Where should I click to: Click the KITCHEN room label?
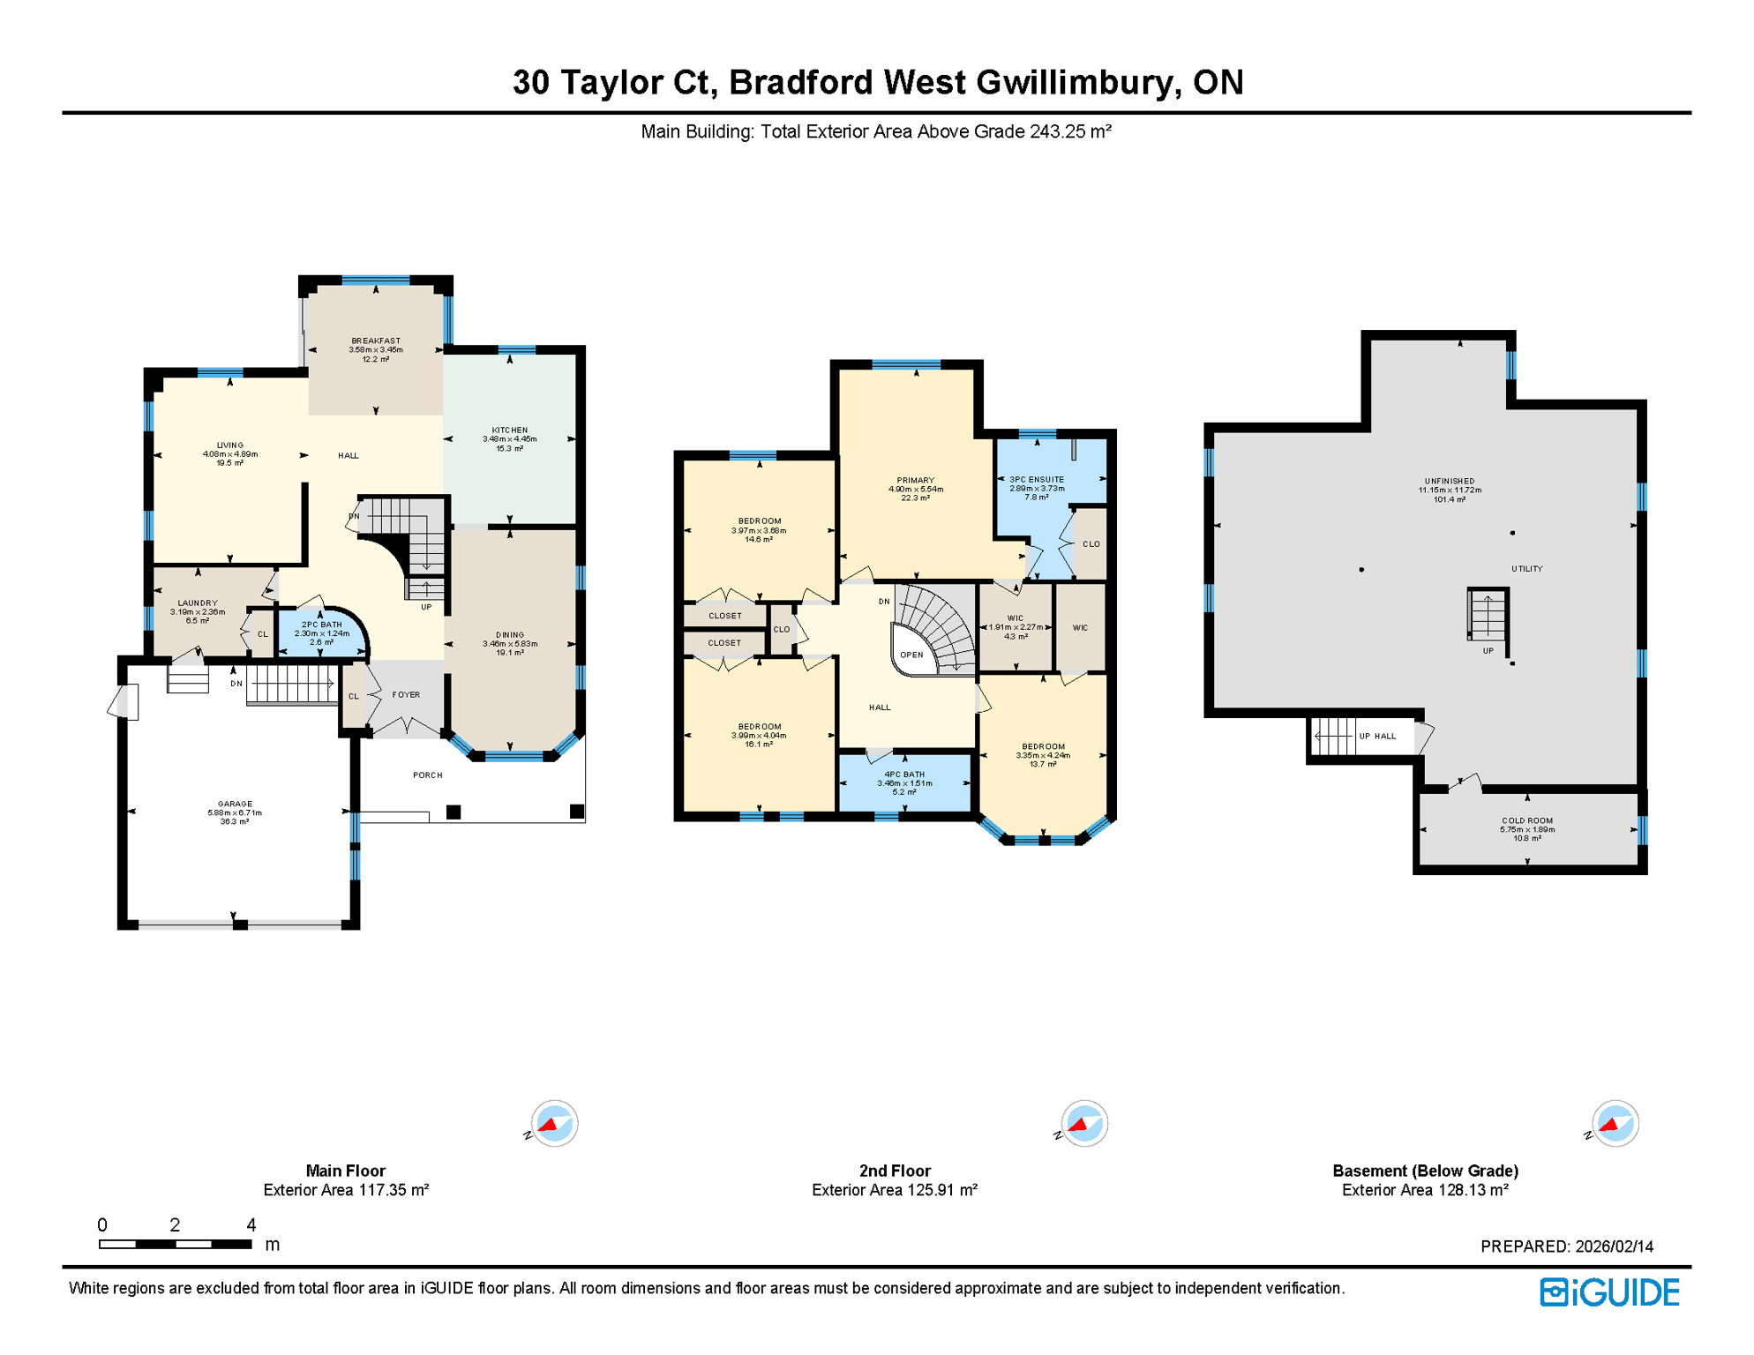point(509,430)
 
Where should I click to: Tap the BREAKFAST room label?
point(376,341)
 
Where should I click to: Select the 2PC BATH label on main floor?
point(321,625)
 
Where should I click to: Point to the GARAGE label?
point(235,805)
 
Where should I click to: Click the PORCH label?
point(427,775)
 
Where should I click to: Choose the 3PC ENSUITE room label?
point(1037,480)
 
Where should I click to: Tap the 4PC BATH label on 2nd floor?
point(904,775)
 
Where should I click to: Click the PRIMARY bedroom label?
point(915,481)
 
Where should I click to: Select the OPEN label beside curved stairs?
point(911,655)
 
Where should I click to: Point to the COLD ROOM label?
point(1527,820)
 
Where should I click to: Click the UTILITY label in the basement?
point(1526,569)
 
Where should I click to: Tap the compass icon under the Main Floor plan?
point(554,1124)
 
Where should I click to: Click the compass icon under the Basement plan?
point(1615,1124)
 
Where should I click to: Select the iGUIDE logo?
point(1609,1292)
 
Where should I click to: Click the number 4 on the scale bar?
point(251,1225)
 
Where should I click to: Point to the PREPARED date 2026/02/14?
point(1614,1246)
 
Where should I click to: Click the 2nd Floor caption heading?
point(895,1171)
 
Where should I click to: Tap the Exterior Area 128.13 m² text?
point(1425,1190)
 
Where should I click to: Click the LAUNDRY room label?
point(198,603)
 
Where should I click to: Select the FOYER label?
point(406,695)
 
